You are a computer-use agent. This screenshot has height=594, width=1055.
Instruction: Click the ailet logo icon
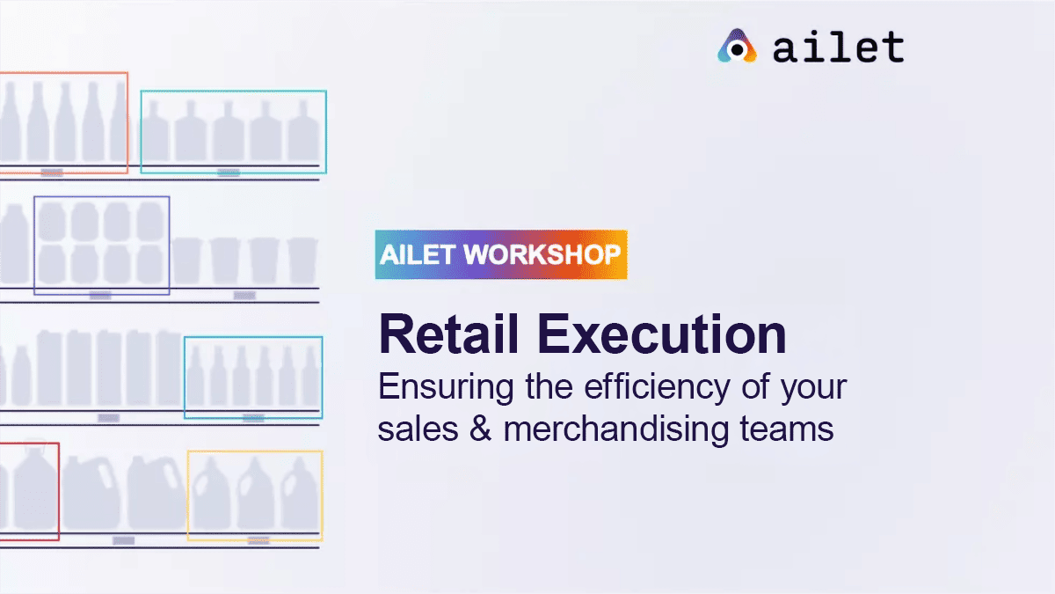coord(737,46)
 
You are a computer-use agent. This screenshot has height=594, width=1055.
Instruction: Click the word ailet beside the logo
coord(839,48)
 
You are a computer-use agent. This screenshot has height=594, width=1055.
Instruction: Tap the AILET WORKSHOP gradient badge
coord(501,254)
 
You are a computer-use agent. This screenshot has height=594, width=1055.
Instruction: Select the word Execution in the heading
coord(662,334)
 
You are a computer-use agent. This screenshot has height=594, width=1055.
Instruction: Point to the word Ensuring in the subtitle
coord(446,387)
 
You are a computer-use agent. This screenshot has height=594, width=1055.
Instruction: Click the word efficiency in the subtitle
coord(657,387)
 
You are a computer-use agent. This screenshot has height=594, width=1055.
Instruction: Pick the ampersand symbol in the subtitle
coord(480,429)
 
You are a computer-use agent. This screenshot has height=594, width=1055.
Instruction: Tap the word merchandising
coord(616,429)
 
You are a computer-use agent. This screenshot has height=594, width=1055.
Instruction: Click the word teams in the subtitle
coord(787,429)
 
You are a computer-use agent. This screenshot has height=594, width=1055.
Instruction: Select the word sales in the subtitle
coord(418,429)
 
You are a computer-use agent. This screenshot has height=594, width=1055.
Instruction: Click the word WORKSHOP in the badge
coord(542,254)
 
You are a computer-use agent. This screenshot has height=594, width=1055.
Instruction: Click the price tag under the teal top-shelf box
coord(229,172)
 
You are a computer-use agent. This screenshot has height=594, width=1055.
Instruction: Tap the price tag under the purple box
coord(100,295)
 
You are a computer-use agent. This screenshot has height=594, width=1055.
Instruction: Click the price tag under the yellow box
coord(258,540)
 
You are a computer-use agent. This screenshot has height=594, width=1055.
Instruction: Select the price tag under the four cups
coord(244,295)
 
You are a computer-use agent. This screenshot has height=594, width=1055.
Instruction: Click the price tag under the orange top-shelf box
coord(52,172)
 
